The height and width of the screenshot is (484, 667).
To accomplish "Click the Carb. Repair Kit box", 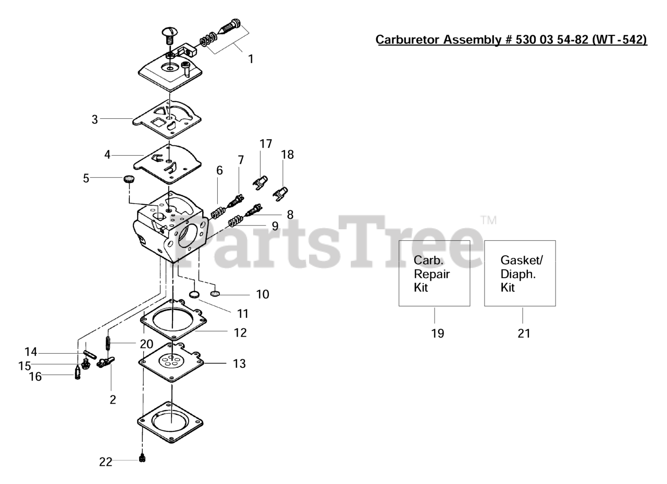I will (434, 273).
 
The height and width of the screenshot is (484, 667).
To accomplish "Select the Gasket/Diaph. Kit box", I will (520, 273).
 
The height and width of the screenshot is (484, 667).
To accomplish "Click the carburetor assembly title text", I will (511, 40).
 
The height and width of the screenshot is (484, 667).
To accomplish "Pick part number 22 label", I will (106, 462).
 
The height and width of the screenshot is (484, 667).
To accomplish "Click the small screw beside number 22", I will (142, 458).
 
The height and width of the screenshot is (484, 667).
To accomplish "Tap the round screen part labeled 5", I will (129, 179).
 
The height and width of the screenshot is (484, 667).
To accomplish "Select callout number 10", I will (263, 294).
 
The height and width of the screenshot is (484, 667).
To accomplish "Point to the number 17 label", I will (266, 144).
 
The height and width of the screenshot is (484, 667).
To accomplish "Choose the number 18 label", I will (287, 155).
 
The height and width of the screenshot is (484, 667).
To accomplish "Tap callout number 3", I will (95, 119).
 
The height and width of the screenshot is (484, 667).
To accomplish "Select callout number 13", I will (239, 364).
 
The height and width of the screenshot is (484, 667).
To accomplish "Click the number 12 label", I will (240, 332).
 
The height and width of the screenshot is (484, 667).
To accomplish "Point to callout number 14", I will (31, 352).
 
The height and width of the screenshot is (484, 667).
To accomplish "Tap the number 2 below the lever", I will (113, 400).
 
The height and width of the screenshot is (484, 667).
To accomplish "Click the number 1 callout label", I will (251, 59).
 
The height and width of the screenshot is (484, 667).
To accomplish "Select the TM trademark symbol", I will (488, 220).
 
